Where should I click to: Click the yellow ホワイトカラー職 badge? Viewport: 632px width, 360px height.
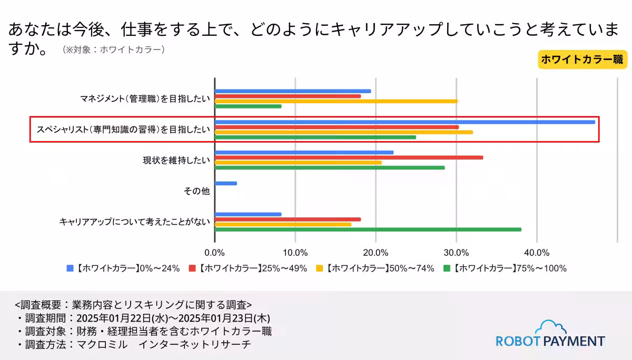click(x=582, y=59)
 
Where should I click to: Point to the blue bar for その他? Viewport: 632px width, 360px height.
click(x=226, y=183)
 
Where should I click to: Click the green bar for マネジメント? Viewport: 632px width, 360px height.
click(x=248, y=106)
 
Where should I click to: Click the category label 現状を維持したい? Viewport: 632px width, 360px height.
click(x=176, y=161)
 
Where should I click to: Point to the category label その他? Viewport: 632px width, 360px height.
click(x=196, y=191)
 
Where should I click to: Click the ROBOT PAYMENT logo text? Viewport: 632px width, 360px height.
click(x=550, y=341)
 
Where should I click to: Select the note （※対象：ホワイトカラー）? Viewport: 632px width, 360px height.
click(x=114, y=50)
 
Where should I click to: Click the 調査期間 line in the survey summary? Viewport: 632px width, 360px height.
click(x=143, y=318)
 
